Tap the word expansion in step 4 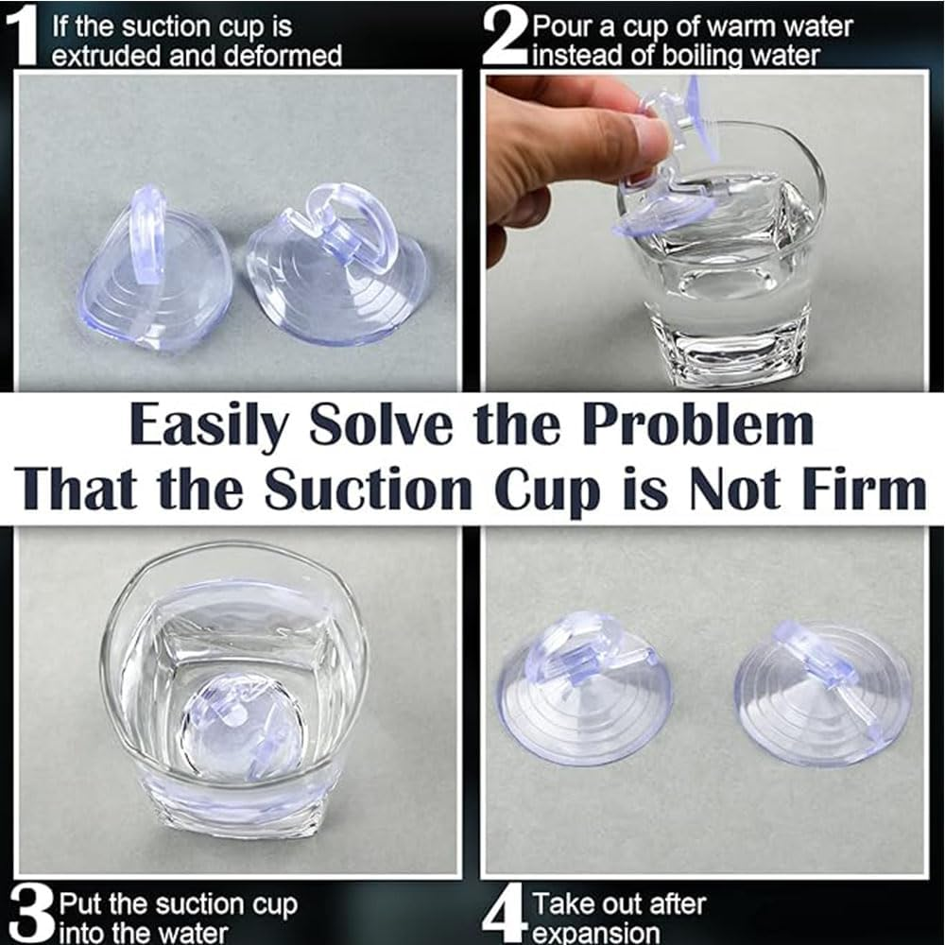click(597, 933)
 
